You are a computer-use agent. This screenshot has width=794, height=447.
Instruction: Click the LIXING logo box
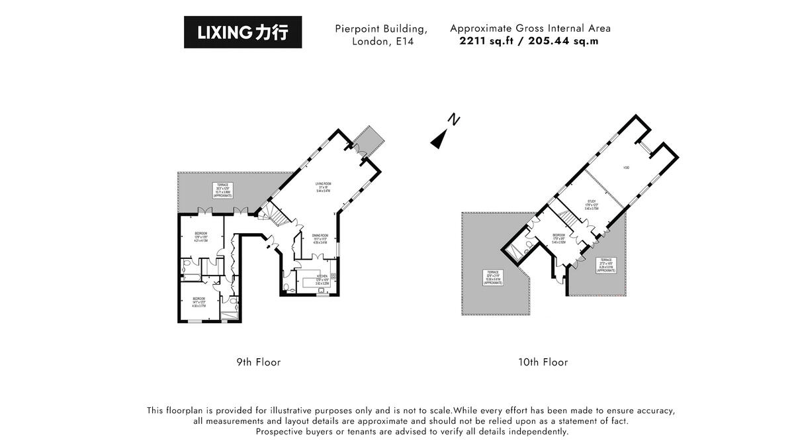click(243, 32)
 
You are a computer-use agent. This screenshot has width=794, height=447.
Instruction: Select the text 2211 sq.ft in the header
click(491, 40)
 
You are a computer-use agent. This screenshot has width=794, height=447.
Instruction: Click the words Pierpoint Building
click(380, 28)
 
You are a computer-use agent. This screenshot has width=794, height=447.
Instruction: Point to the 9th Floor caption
click(259, 362)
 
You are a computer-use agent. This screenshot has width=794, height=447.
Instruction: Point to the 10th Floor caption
click(543, 362)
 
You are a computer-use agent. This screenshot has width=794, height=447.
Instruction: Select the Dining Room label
click(320, 239)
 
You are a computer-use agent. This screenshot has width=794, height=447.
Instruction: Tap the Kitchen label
click(322, 279)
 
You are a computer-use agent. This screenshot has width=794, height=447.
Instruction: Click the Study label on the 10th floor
click(592, 203)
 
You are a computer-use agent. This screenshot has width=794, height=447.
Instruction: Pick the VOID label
click(625, 168)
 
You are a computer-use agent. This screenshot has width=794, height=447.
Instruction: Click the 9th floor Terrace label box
click(223, 190)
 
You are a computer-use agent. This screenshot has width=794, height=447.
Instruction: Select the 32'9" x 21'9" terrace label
click(492, 277)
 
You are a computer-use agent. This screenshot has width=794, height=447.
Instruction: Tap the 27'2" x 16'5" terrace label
click(607, 265)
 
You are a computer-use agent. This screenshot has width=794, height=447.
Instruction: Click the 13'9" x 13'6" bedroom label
click(200, 237)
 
